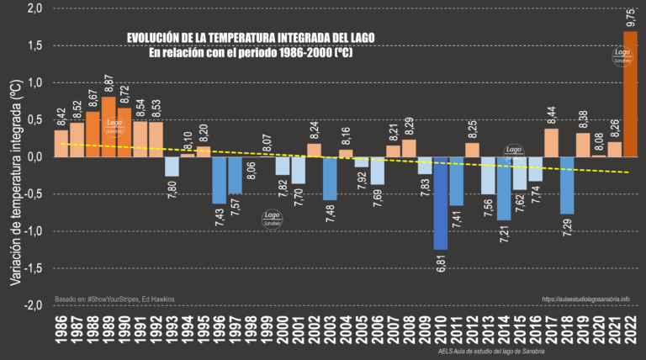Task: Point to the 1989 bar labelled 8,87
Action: [109, 126]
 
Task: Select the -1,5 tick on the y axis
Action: [32, 268]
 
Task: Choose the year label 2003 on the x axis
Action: [330, 332]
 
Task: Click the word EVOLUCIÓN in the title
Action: [159, 39]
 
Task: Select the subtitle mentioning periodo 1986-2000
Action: [250, 52]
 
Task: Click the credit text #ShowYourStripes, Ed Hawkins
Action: [127, 299]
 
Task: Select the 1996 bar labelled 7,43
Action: [219, 179]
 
